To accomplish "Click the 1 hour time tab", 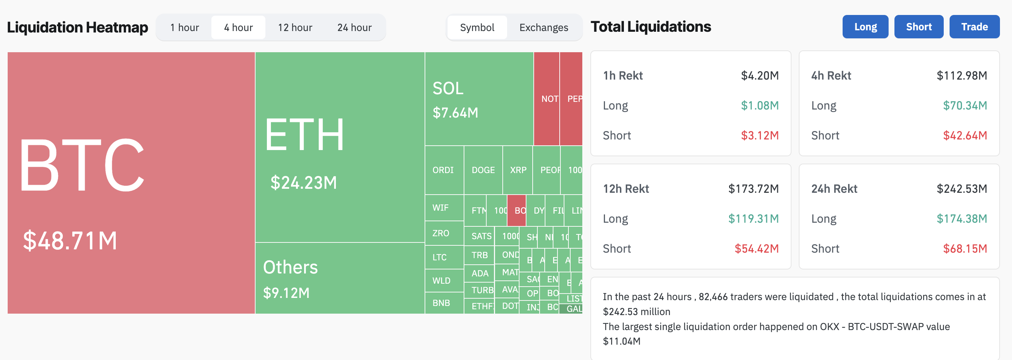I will (185, 27).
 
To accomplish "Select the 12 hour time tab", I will (295, 27).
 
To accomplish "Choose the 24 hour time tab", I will (354, 27).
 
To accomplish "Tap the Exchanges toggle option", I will (544, 27).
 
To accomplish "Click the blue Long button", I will (865, 27).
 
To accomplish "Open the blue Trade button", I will (974, 27).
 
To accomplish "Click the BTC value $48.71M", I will (70, 241).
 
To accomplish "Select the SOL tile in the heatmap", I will (479, 99).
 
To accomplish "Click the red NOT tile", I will (547, 99).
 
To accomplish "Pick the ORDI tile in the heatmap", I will (444, 170).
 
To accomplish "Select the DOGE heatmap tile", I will (483, 170).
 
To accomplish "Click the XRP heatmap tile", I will (518, 170).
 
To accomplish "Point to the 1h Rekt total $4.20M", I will (759, 76).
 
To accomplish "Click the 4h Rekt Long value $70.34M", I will (965, 105).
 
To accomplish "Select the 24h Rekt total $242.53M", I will (962, 189).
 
